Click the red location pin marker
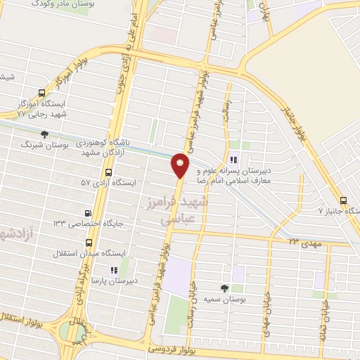tap(181, 166)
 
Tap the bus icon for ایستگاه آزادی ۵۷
tap(108, 172)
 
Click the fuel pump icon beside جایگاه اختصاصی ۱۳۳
tap(87, 213)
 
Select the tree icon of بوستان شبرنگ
tap(45, 134)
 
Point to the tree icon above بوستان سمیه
tap(225, 288)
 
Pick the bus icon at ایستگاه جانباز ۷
tap(342, 199)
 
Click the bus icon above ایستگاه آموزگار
tap(42, 93)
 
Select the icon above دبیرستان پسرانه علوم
tap(234, 158)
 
